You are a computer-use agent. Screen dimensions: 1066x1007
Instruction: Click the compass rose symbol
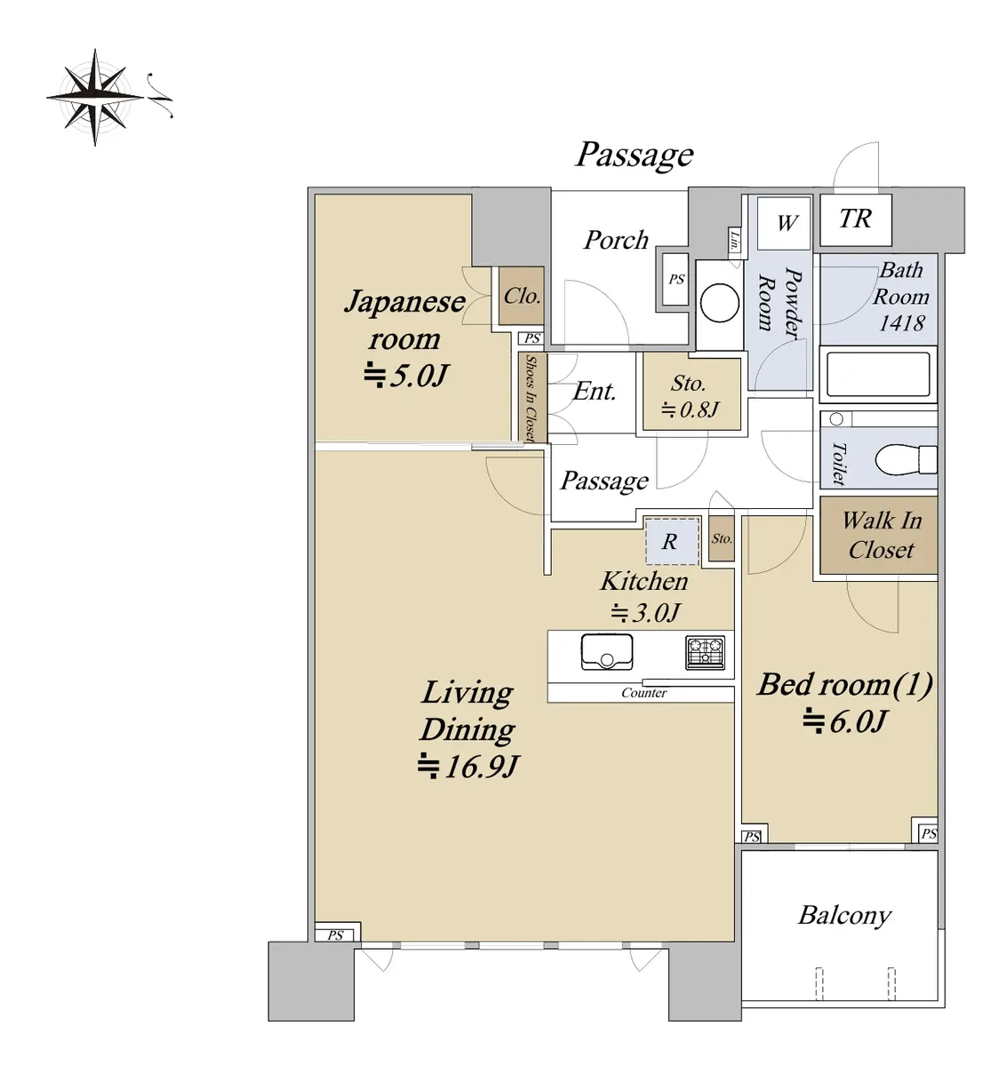[x=94, y=96]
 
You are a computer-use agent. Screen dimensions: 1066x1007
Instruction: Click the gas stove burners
[x=705, y=653]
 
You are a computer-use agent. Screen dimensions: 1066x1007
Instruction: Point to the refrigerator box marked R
[x=669, y=541]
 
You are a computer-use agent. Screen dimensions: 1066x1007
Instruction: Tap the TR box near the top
[x=855, y=219]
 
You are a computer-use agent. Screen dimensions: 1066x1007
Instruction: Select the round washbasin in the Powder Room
[x=719, y=304]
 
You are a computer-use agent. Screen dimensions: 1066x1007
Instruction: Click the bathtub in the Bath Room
[x=878, y=373]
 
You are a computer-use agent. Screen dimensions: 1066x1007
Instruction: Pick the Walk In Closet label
[x=881, y=535]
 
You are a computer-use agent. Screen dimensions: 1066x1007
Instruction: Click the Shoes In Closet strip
[x=531, y=397]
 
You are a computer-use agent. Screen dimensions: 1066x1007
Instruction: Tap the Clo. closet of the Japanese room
[x=522, y=296]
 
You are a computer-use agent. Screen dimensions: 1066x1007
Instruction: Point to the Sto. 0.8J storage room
[x=690, y=395]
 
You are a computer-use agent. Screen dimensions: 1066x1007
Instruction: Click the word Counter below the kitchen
[x=643, y=693]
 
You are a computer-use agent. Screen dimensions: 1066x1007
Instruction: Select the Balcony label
[x=843, y=915]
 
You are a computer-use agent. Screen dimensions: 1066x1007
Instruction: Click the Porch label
[x=615, y=240]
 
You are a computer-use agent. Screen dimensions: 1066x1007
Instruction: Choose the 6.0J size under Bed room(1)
[x=845, y=721]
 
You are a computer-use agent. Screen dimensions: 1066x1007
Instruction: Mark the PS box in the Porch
[x=676, y=279]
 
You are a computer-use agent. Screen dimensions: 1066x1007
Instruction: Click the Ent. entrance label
[x=595, y=391]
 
